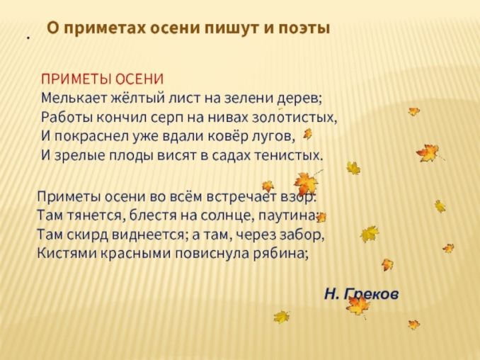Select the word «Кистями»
coord(64,254)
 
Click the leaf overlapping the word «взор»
coord(306,184)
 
